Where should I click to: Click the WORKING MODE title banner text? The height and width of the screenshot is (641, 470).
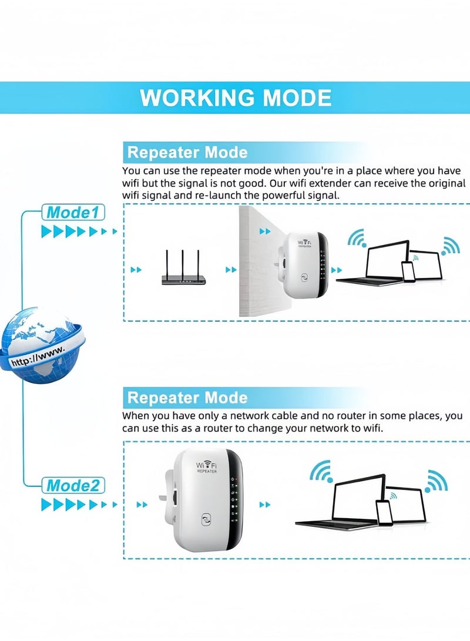[236, 98]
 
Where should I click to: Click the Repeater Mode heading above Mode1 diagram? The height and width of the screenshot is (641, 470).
[187, 153]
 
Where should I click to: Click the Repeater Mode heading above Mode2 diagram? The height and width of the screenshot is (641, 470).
[187, 398]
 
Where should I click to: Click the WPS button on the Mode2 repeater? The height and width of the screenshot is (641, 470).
[206, 520]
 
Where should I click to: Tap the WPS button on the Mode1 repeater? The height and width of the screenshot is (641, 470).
[305, 277]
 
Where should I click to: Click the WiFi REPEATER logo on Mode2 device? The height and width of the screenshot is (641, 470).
[206, 468]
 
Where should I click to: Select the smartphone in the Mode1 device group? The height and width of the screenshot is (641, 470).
[408, 271]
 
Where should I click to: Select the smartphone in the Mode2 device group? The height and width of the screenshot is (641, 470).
[385, 512]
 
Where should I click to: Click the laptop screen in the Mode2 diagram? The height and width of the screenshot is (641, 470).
[358, 497]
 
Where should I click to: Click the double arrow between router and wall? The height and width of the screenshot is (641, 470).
[231, 270]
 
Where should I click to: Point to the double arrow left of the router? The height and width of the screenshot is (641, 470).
[136, 270]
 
